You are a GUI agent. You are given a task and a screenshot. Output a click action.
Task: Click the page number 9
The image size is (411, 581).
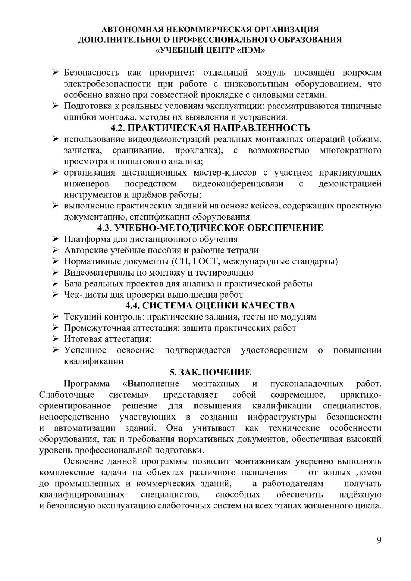tap(379, 540)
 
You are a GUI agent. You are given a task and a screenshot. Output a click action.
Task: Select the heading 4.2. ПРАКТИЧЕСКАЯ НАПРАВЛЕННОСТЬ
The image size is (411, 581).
tap(210, 128)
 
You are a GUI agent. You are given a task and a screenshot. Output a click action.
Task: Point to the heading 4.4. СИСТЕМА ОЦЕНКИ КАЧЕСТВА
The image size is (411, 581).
tap(210, 305)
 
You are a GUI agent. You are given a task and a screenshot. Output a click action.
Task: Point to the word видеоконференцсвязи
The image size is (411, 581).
tap(238, 184)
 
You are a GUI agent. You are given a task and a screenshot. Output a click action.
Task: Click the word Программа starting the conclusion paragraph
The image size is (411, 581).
tap(87, 383)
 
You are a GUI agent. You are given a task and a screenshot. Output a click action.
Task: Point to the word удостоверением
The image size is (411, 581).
tap(274, 350)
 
